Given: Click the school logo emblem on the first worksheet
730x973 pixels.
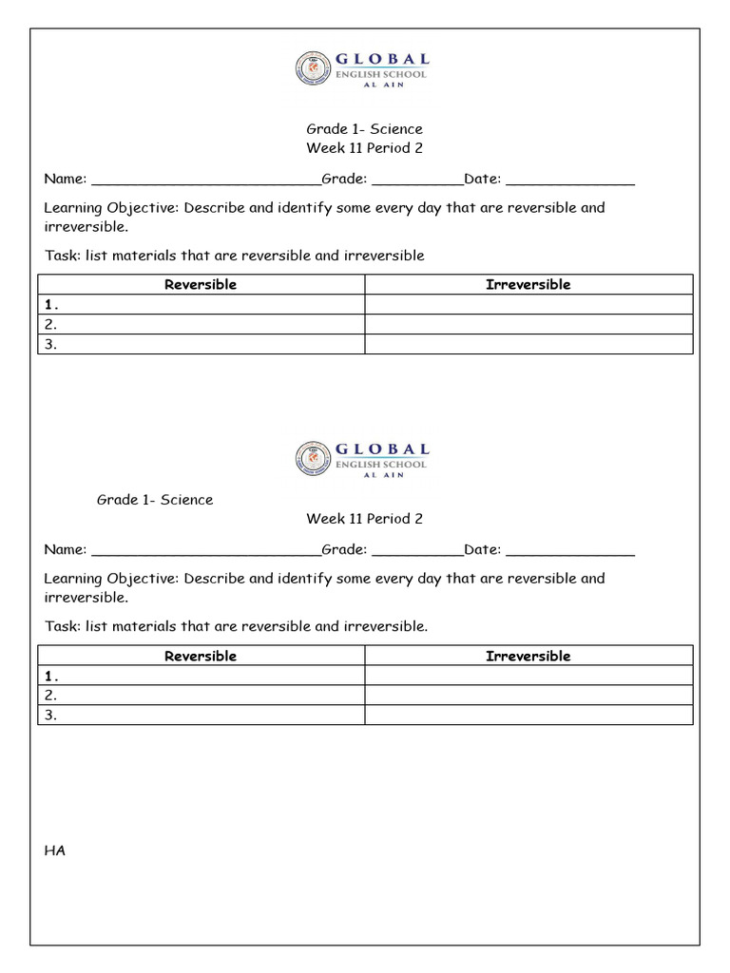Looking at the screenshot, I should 311,69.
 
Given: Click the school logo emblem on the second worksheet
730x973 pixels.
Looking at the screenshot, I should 311,458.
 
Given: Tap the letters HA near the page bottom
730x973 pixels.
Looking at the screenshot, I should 54,850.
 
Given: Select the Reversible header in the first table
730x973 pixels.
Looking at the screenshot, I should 201,284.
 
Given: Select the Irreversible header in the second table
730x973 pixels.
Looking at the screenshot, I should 528,656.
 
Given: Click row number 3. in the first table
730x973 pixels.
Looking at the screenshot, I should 50,345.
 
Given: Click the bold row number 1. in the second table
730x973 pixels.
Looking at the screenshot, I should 51,677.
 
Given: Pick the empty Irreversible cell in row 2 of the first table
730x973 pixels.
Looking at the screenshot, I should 528,325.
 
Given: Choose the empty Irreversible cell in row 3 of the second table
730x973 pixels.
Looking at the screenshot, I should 528,715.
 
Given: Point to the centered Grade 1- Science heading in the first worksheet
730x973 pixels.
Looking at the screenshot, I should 364,128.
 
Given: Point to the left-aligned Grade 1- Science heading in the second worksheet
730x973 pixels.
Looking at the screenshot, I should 155,500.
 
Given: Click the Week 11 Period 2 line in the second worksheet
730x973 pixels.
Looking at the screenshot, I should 364,519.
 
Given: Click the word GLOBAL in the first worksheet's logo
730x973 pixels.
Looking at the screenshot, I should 382,60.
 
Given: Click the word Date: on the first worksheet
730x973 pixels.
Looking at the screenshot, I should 482,179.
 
